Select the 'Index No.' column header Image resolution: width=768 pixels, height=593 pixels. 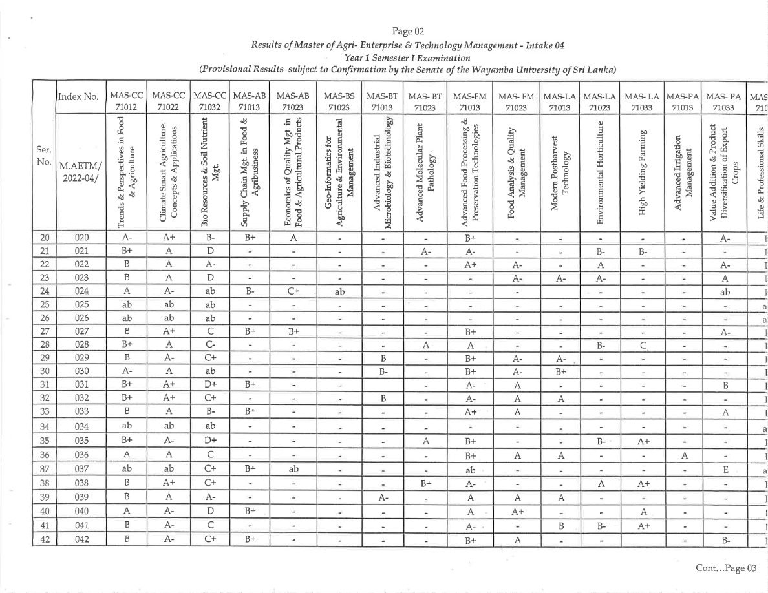(78, 98)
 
